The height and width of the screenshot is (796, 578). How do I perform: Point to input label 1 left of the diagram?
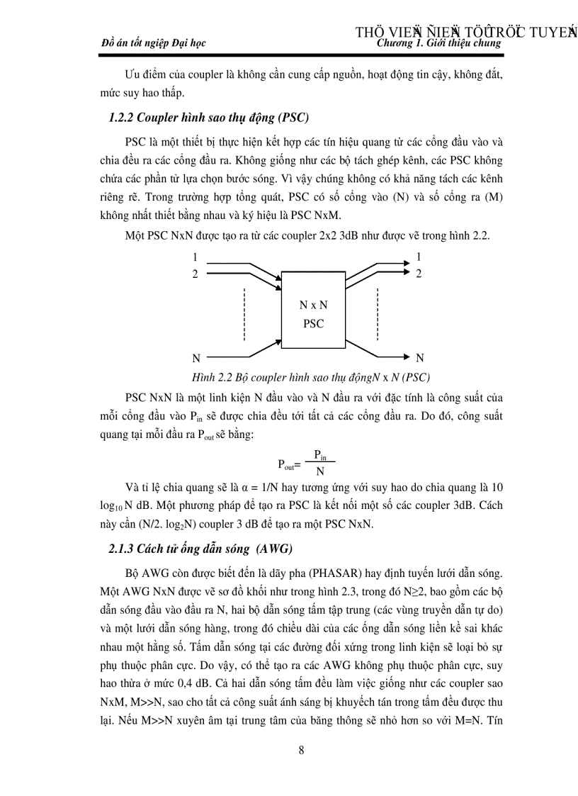click(195, 257)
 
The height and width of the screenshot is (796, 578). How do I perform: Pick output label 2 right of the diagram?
click(419, 274)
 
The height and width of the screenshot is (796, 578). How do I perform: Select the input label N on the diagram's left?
click(196, 358)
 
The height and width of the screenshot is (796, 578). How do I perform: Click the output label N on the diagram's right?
click(419, 358)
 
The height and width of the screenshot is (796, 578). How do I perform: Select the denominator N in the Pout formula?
click(320, 471)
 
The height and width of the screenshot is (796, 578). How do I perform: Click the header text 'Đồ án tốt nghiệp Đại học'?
click(154, 43)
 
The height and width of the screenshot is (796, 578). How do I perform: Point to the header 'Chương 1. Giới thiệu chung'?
click(439, 43)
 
